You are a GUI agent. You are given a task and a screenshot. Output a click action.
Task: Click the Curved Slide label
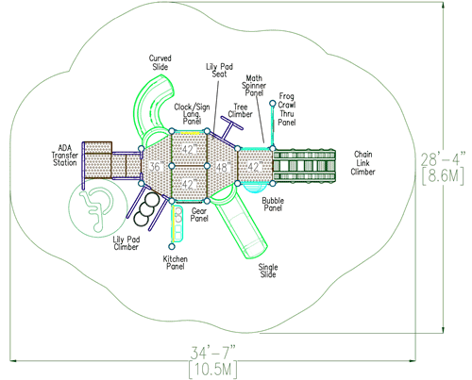160,62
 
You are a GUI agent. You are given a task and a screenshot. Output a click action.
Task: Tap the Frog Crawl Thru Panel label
287,109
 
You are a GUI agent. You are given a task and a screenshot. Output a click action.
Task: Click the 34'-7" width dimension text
213,351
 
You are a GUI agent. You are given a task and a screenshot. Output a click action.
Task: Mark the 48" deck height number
224,167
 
